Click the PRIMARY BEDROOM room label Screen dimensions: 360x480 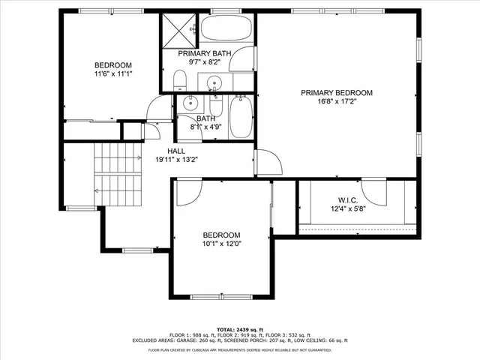[336, 93]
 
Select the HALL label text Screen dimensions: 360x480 [176, 151]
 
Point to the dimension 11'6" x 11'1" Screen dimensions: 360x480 [113, 74]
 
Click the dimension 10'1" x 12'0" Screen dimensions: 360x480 [221, 244]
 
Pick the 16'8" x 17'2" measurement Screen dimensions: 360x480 [336, 102]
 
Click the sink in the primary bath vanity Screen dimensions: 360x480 [215, 82]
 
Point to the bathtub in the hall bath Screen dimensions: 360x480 [241, 116]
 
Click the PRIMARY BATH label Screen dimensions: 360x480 [204, 53]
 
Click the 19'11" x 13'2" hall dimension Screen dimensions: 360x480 [176, 160]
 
